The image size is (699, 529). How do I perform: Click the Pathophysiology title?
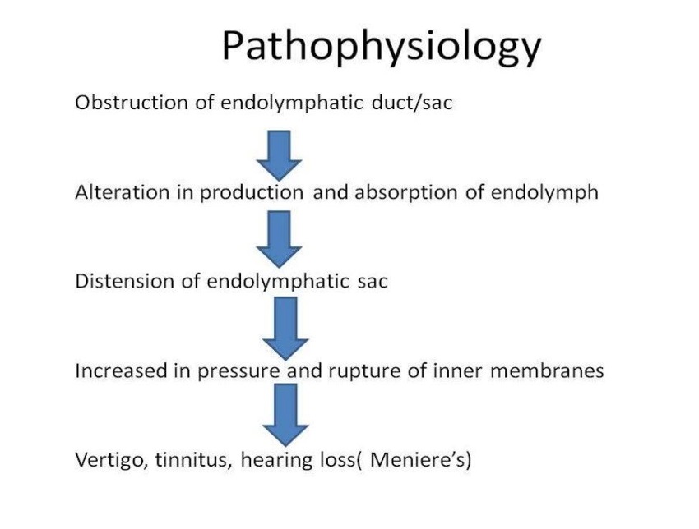381,47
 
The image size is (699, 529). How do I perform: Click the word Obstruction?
132,103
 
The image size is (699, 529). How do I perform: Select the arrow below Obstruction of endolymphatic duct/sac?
279,155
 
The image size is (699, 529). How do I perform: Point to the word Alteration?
123,192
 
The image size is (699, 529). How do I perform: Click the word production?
252,193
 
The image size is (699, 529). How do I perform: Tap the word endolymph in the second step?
544,193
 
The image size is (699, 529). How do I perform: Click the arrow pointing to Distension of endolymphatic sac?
279,239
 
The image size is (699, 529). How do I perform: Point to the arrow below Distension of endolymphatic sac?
285,329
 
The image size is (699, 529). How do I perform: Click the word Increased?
121,371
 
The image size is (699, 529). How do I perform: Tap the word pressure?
239,372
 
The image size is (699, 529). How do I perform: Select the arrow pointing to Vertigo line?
285,415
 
